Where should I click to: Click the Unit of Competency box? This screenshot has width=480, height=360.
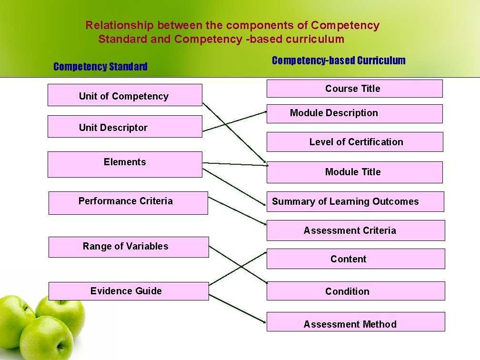pos(125,95)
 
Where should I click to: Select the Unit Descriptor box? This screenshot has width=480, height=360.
pos(125,127)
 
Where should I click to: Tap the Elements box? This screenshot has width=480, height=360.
pos(125,164)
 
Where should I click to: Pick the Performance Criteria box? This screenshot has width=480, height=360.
pos(128,203)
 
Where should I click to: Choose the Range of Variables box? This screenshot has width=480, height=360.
pos(129,247)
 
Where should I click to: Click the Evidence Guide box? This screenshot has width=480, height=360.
pos(129,291)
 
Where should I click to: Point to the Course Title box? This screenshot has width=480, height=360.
pos(354,89)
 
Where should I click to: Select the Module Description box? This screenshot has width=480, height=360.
pos(354,113)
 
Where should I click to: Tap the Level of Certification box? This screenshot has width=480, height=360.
pos(355,142)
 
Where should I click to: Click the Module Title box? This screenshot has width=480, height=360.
pos(354,172)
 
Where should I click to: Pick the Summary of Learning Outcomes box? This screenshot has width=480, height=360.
pos(355,201)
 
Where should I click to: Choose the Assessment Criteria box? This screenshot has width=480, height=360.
pos(355,230)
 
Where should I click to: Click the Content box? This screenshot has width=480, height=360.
pos(355,259)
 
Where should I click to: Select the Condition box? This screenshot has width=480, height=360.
pos(355,291)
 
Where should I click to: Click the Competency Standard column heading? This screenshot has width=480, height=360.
pos(100,67)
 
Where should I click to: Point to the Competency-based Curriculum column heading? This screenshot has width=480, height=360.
pos(339,60)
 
